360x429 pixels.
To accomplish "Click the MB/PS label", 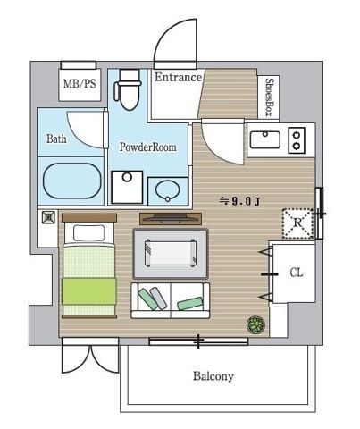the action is pyautogui.click(x=80, y=84).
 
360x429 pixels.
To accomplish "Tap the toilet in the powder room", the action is pyautogui.click(x=127, y=89).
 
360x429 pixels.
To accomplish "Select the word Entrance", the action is pyautogui.click(x=178, y=77).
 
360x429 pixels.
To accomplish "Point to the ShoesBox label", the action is pyautogui.click(x=269, y=97).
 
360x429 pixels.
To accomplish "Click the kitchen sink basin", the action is pyautogui.click(x=265, y=139).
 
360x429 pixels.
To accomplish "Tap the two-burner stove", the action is pyautogui.click(x=297, y=140).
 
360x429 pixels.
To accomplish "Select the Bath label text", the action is pyautogui.click(x=56, y=139).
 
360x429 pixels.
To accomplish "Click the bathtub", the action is pyautogui.click(x=72, y=181).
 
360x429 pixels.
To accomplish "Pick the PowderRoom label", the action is pyautogui.click(x=147, y=147).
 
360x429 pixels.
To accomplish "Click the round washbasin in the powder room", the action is pyautogui.click(x=168, y=190).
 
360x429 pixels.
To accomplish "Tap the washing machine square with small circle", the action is pyautogui.click(x=127, y=188).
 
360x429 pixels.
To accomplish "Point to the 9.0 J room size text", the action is pyautogui.click(x=240, y=202).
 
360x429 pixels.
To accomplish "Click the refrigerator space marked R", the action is pyautogui.click(x=297, y=223).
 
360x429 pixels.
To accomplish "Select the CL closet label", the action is pyautogui.click(x=297, y=273).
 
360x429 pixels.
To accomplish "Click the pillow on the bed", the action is pyautogui.click(x=88, y=233).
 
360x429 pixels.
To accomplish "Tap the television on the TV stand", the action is pyautogui.click(x=171, y=219).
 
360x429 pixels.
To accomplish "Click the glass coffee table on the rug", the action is pyautogui.click(x=171, y=253).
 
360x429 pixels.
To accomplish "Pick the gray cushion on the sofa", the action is pyautogui.click(x=158, y=299).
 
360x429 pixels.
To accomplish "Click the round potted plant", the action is pyautogui.click(x=255, y=324).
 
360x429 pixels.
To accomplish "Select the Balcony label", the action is pyautogui.click(x=213, y=376).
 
